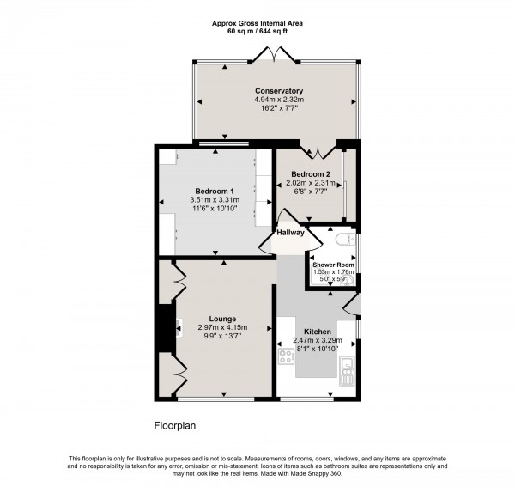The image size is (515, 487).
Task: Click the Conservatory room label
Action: pos(278,91)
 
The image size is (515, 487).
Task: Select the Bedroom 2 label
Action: pos(310,173)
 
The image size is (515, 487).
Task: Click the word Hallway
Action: pos(291,232)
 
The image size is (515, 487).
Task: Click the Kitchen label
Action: pos(317,331)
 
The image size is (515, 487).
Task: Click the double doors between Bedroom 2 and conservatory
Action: pos(317,153)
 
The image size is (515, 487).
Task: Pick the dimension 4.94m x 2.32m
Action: pos(278,100)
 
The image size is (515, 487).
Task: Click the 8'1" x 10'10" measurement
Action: pos(317,349)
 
